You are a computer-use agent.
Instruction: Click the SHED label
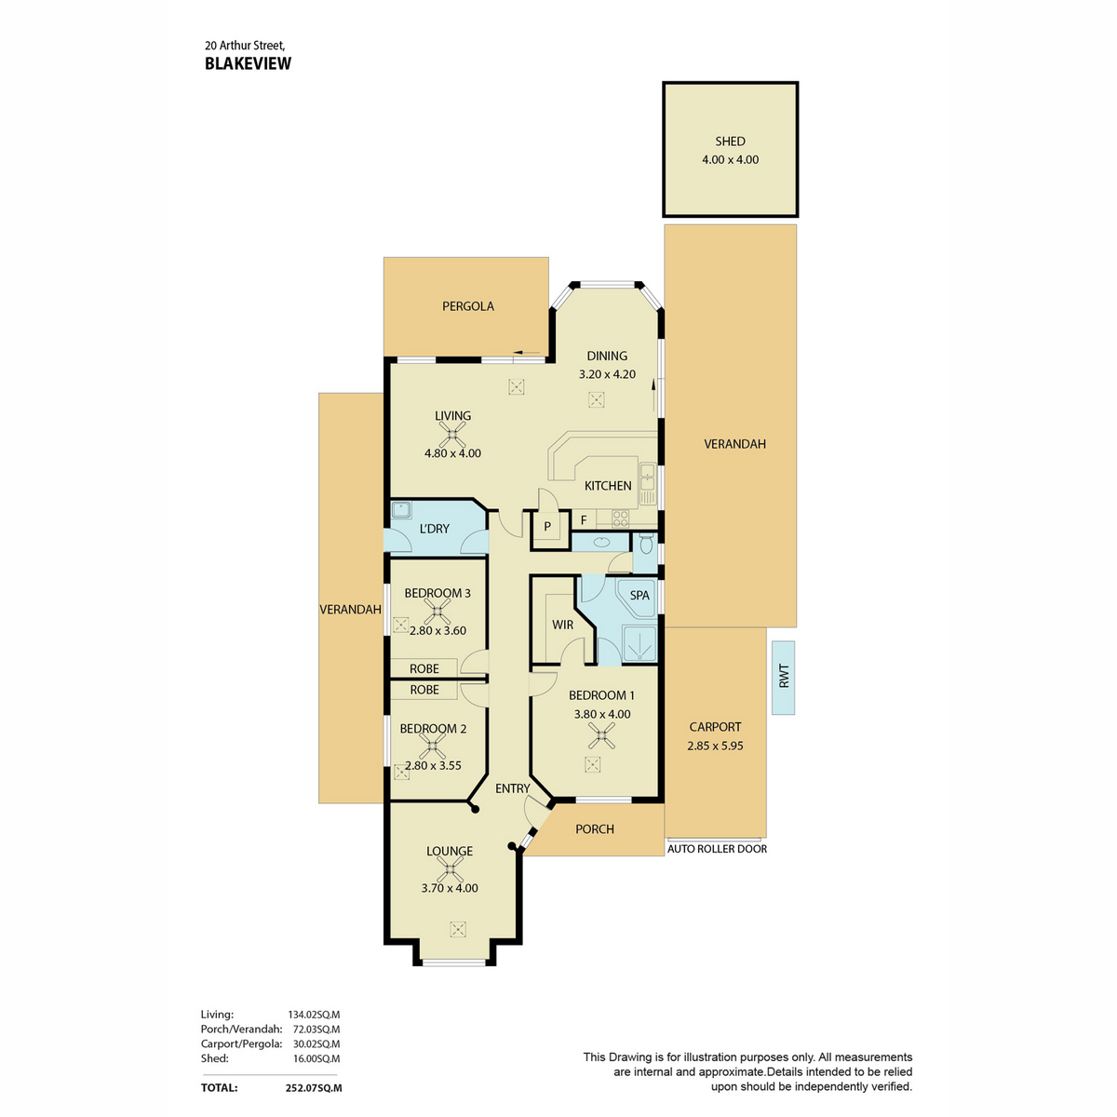(x=730, y=141)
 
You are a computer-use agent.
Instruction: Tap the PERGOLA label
(x=468, y=306)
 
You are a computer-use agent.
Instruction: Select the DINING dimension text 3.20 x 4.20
(x=607, y=374)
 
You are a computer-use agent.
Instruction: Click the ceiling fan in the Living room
(x=452, y=434)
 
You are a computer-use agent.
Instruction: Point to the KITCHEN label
(x=608, y=486)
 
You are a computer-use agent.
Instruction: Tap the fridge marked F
(x=584, y=520)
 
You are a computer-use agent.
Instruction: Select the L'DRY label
(x=434, y=529)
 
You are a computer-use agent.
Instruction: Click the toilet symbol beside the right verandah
(x=645, y=545)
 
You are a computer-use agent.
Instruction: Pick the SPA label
(x=639, y=596)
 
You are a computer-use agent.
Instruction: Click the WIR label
(x=562, y=625)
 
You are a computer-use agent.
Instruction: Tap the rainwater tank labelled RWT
(x=783, y=678)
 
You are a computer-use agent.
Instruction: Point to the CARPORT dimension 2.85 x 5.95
(x=715, y=746)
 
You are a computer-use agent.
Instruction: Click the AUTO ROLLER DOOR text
(x=717, y=849)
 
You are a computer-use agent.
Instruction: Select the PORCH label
(x=594, y=829)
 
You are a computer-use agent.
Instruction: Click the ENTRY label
(x=512, y=788)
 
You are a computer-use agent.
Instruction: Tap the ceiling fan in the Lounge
(x=450, y=869)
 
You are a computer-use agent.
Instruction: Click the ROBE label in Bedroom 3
(x=424, y=669)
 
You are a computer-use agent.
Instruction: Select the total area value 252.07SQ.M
(x=314, y=1088)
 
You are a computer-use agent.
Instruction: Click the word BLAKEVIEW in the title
(x=249, y=64)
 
